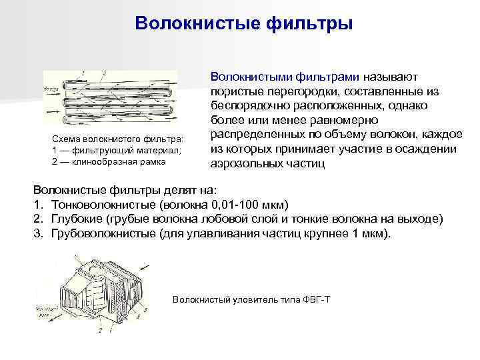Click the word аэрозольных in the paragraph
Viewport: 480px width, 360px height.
tap(245, 163)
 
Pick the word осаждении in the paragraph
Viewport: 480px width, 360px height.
tap(430, 149)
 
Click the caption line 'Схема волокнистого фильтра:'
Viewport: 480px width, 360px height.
tap(113, 139)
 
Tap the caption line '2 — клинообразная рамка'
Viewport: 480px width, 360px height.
tap(107, 161)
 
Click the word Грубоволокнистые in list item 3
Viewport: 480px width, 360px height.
tap(102, 235)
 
